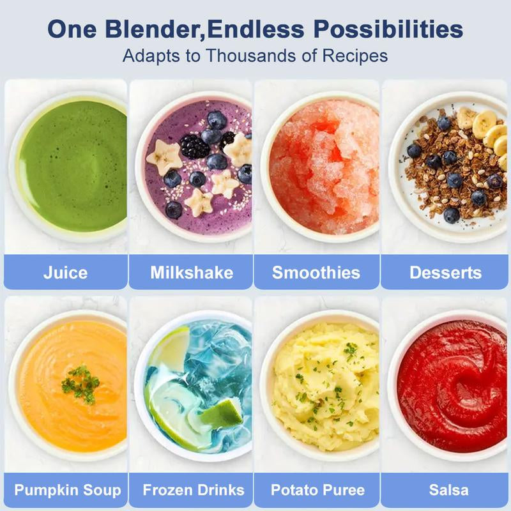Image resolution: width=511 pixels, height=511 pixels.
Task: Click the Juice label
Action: [x=65, y=273]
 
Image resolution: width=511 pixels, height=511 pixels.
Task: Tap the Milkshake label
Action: [x=192, y=273]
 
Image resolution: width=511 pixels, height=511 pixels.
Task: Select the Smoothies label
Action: [x=316, y=273]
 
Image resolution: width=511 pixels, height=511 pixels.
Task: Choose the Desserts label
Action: [x=445, y=273]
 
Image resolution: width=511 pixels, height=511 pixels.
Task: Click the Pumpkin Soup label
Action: [x=67, y=491]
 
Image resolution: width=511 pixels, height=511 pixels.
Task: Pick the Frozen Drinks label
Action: [x=193, y=491]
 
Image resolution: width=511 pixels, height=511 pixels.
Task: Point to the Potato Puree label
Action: [x=317, y=491]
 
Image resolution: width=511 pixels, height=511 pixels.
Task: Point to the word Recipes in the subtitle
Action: [x=355, y=55]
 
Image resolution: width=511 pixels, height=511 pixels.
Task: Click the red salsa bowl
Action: [x=450, y=383]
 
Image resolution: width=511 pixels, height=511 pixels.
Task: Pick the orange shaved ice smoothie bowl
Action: [x=319, y=166]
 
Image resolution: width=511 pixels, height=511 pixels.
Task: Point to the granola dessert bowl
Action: [x=450, y=166]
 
